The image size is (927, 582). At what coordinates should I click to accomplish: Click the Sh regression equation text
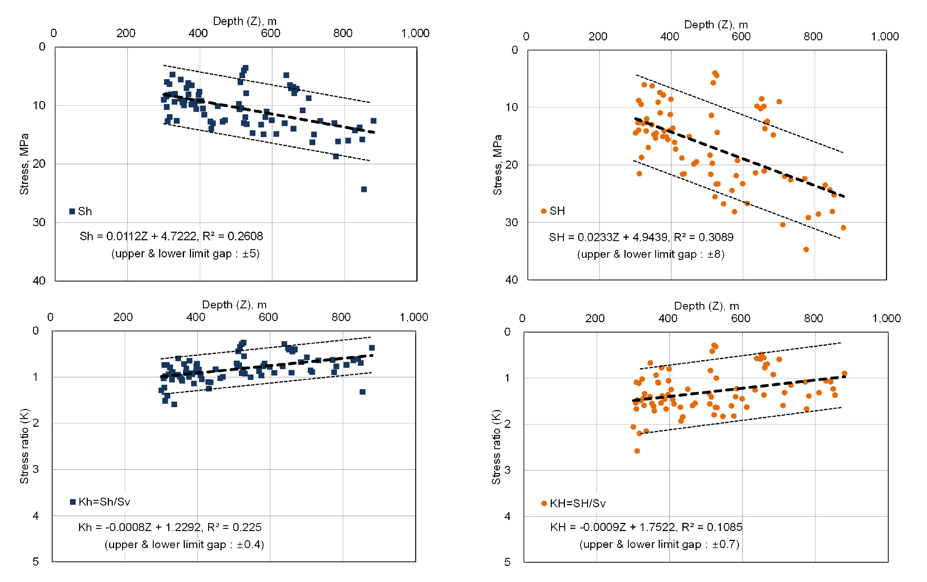(x=171, y=236)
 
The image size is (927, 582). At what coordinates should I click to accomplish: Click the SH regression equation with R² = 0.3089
(x=641, y=237)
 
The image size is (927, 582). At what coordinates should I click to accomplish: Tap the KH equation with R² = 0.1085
(x=646, y=527)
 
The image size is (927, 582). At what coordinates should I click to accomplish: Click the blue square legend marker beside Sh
(x=72, y=211)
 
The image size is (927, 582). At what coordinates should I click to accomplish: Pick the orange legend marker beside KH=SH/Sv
(x=544, y=503)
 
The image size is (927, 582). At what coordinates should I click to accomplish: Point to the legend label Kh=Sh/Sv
(x=104, y=502)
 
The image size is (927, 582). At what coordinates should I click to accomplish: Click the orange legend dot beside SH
(x=544, y=211)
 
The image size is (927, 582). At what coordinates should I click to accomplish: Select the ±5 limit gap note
(x=185, y=254)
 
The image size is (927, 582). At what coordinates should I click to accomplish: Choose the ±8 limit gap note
(x=650, y=254)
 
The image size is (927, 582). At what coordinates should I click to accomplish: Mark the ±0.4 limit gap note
(x=184, y=545)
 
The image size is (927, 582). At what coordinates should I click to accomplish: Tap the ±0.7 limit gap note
(x=659, y=545)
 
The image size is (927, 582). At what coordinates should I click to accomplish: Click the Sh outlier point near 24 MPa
(x=364, y=189)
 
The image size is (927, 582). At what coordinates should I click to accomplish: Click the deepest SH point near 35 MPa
(x=806, y=249)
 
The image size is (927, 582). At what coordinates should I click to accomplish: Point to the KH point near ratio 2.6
(x=637, y=451)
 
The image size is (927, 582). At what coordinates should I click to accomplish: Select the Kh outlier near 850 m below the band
(x=362, y=392)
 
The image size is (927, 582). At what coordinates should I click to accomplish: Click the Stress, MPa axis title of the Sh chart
(x=24, y=164)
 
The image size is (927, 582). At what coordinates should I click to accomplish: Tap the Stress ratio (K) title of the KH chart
(x=496, y=447)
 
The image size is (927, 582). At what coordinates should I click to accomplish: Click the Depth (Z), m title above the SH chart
(x=716, y=25)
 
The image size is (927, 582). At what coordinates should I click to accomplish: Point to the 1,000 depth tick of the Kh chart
(x=414, y=317)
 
